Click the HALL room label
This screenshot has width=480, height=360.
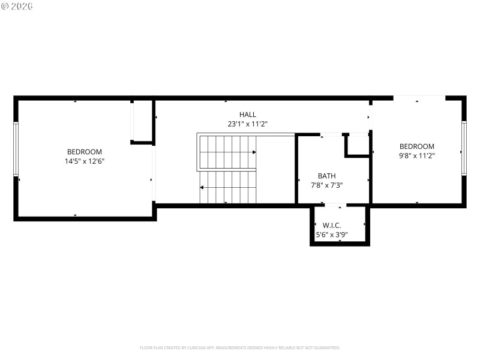click(248, 115)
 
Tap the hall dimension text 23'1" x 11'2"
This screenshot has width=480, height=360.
click(248, 124)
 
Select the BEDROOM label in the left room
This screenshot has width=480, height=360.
click(84, 152)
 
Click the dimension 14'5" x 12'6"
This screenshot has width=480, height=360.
click(84, 161)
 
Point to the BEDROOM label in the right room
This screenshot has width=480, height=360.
click(417, 146)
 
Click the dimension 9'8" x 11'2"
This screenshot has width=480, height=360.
click(417, 156)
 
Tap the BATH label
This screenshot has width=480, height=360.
click(326, 176)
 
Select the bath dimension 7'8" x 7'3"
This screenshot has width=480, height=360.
click(326, 185)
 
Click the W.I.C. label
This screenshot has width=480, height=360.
click(332, 226)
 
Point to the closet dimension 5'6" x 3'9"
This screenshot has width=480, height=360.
click(332, 235)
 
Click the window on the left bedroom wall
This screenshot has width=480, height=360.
click(16, 149)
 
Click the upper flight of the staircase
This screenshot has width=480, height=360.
click(228, 152)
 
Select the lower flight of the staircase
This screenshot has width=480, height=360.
click(228, 187)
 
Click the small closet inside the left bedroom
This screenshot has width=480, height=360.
click(142, 121)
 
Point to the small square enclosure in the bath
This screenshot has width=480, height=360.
click(358, 145)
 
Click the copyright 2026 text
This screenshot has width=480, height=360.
click(17, 6)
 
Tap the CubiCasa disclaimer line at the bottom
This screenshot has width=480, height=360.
click(240, 347)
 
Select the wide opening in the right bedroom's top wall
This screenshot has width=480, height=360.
click(419, 97)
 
